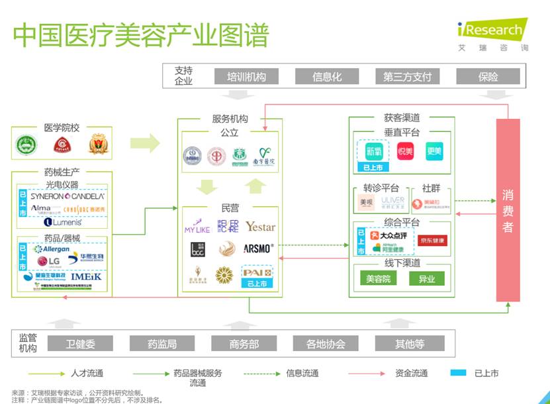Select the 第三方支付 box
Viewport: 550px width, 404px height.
tap(407, 77)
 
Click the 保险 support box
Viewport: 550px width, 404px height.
tap(488, 77)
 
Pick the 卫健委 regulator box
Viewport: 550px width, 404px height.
tap(81, 344)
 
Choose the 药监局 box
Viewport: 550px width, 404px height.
tap(162, 344)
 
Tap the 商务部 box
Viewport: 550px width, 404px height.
tap(244, 344)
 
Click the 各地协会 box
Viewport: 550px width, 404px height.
tap(326, 344)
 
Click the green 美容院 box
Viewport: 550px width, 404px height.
tap(379, 278)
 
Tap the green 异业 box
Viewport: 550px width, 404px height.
tap(426, 278)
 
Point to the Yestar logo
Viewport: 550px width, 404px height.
tap(260, 227)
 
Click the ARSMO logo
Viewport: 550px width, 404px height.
tap(258, 249)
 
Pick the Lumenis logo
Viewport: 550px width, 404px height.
tap(63, 222)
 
